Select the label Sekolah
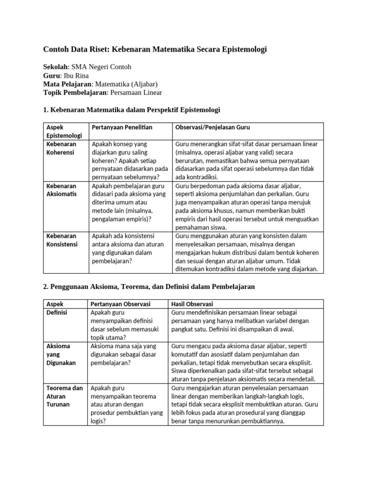(56, 67)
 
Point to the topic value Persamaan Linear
(136, 93)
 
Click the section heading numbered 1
(131, 110)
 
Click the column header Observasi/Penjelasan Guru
(213, 128)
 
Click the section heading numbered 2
(149, 287)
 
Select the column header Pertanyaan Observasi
(120, 304)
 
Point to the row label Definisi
(56, 312)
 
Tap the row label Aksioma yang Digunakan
(61, 354)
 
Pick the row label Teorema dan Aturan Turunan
(64, 396)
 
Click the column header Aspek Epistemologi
(64, 131)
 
